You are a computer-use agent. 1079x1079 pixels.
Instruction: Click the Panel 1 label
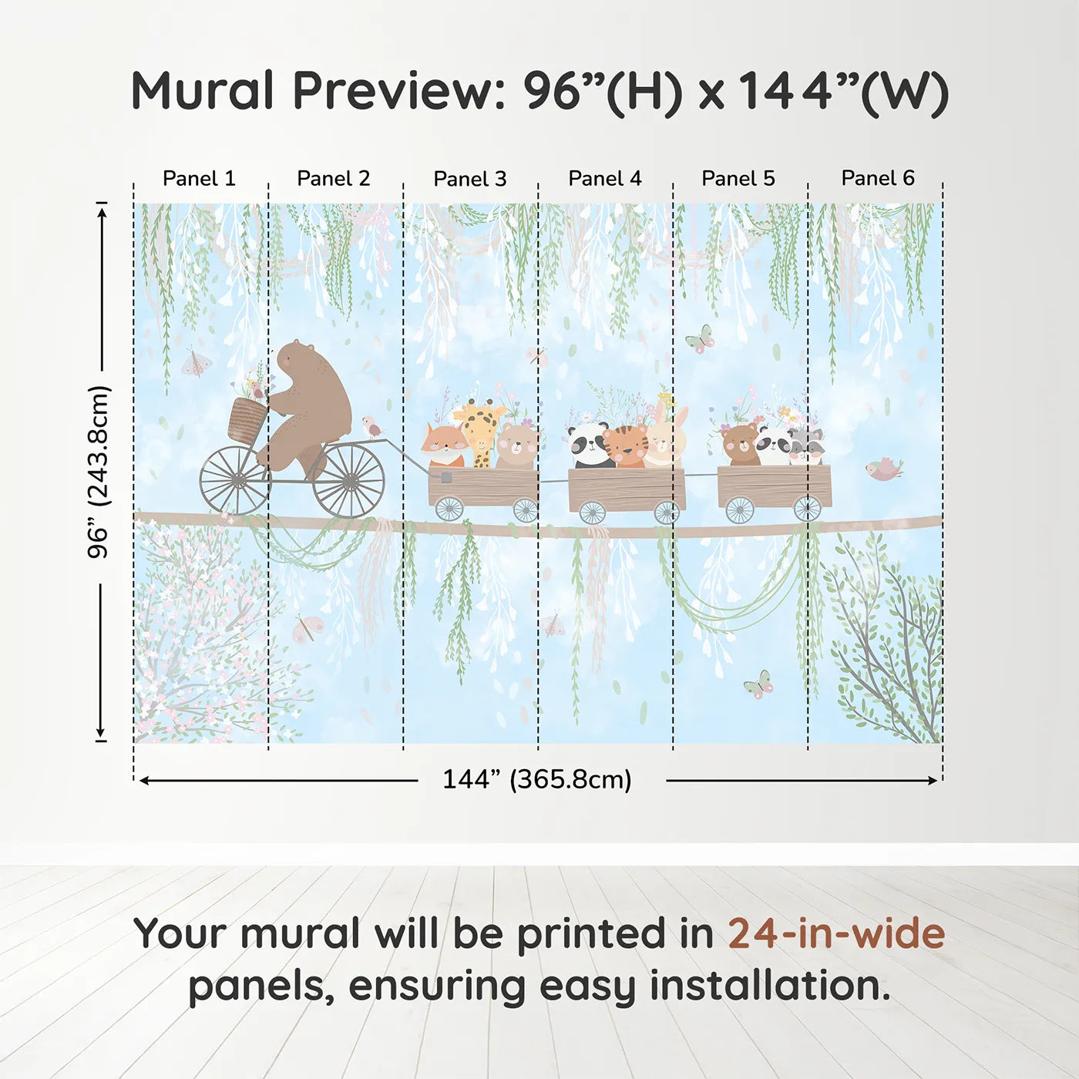(x=199, y=179)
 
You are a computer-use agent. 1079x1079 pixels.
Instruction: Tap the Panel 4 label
(x=604, y=179)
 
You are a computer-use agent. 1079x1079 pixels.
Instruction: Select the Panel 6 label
(x=877, y=179)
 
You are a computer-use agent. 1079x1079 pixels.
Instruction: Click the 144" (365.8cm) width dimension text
(x=536, y=779)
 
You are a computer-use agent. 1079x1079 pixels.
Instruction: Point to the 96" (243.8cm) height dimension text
(x=99, y=472)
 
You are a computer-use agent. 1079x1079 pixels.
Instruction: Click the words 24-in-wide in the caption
(x=836, y=933)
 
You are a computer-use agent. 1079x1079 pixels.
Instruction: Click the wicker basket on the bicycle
(x=247, y=420)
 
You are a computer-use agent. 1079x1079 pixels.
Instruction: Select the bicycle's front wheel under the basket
(x=234, y=481)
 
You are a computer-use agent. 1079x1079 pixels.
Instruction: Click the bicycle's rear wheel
(x=350, y=480)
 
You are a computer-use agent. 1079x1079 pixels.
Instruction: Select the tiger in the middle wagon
(x=626, y=445)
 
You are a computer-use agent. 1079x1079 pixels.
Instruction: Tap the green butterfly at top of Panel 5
(x=699, y=339)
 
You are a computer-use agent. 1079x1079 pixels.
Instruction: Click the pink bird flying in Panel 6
(x=884, y=469)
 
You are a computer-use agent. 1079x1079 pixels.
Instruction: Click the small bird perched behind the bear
(x=373, y=425)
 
